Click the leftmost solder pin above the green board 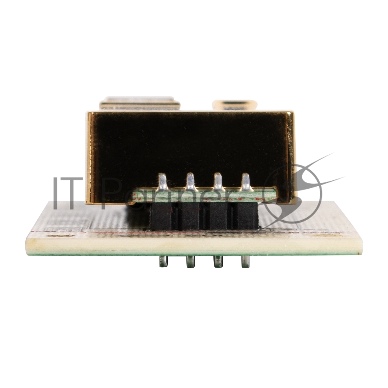coord(162,182)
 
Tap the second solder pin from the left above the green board coord(191,182)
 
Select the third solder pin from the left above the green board coord(218,182)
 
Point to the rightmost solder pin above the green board coord(245,182)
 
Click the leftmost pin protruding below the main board coord(163,261)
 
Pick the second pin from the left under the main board coord(191,261)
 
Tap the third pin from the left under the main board coord(218,261)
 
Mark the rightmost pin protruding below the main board coord(245,261)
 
